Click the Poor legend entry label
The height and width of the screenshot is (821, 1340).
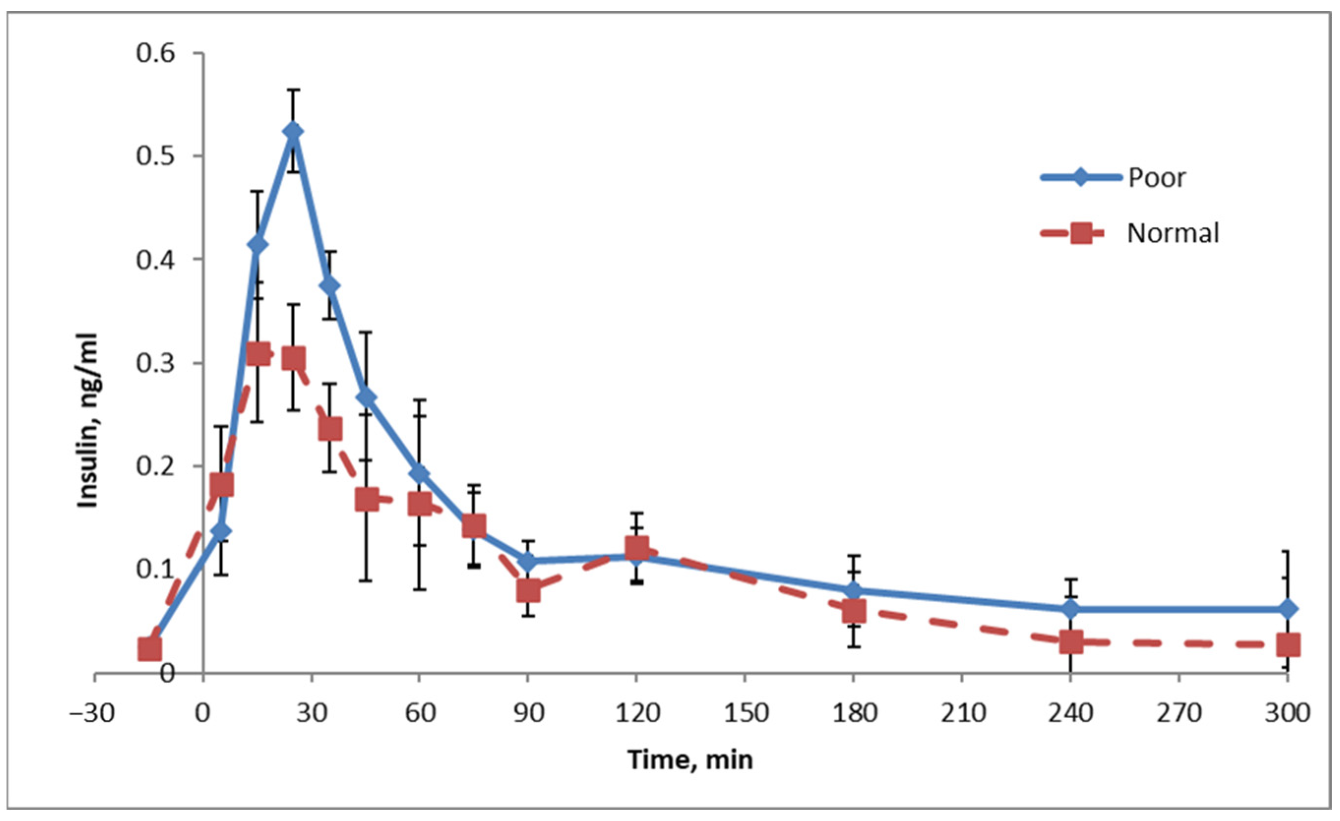[x=1156, y=177]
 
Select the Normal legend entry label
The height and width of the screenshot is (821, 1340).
[x=1173, y=233]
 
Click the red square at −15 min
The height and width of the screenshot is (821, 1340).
[x=150, y=649]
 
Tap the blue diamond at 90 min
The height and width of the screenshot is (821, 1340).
[x=527, y=561]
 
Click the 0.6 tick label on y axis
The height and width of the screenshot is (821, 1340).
[x=155, y=53]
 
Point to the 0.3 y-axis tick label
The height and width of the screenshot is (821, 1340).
[x=155, y=363]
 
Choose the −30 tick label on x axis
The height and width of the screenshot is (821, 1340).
[x=92, y=712]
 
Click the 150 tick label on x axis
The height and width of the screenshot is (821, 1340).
[x=745, y=712]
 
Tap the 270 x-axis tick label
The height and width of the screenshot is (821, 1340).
[x=1179, y=712]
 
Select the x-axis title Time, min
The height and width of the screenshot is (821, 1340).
[x=690, y=759]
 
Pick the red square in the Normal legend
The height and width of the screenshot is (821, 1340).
[x=1082, y=234]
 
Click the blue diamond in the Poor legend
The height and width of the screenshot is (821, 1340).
[x=1081, y=177]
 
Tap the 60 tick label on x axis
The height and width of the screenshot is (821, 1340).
[x=420, y=712]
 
